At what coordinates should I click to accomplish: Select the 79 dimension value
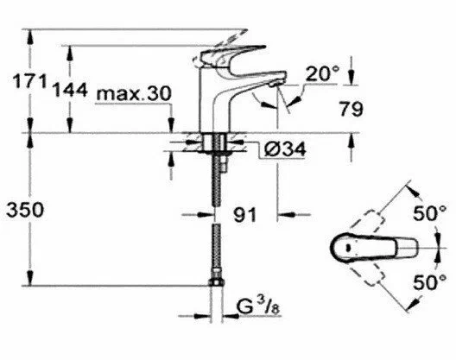(x=350, y=110)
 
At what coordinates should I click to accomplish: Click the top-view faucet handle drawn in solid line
(x=354, y=249)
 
